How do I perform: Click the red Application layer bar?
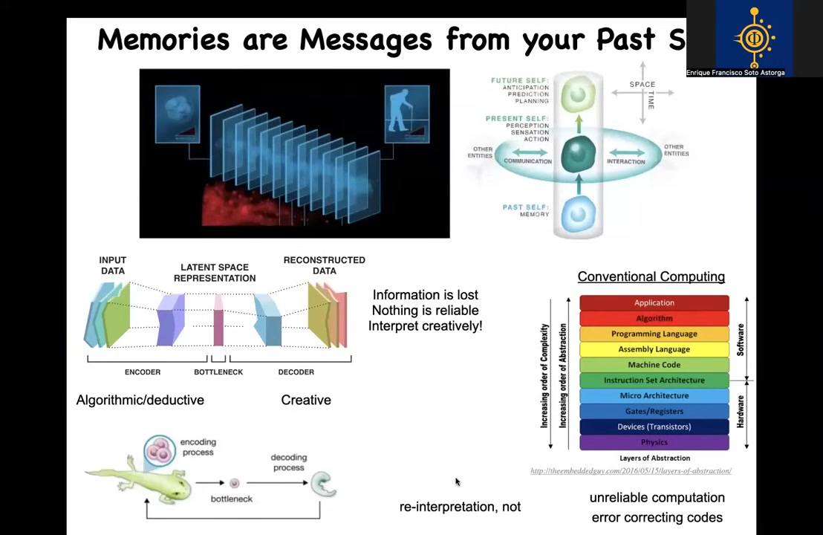(654, 302)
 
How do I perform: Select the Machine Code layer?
(654, 364)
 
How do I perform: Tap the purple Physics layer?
(654, 442)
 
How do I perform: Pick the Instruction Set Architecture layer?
(654, 380)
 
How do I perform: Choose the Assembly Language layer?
(654, 349)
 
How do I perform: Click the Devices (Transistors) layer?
(654, 427)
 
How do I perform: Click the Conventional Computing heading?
(651, 276)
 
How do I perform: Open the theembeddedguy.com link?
(631, 471)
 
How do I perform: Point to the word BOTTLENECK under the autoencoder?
(218, 372)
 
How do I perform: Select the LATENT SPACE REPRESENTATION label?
(215, 273)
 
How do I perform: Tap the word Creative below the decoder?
(306, 400)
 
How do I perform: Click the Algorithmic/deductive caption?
(140, 400)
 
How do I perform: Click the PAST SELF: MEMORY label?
(526, 210)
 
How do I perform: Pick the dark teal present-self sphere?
(578, 155)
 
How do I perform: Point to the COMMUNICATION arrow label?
(527, 160)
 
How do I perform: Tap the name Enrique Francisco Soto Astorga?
(735, 73)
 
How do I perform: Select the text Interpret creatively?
(425, 325)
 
